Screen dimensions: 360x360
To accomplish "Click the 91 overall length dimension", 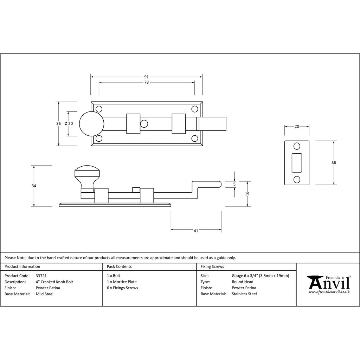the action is click(x=147, y=77).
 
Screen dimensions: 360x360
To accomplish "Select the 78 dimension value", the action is click(x=147, y=82).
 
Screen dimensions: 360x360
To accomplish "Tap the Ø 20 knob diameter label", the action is click(x=69, y=123).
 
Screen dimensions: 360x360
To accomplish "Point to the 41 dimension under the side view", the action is click(x=196, y=231).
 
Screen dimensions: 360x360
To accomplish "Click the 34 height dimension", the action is click(x=34, y=186).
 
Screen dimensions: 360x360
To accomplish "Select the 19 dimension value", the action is click(x=247, y=194).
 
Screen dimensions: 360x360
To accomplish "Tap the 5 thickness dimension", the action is click(x=234, y=184).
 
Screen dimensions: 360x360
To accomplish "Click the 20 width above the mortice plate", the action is click(x=297, y=127).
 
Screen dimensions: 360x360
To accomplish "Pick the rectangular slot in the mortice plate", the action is click(x=297, y=163).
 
